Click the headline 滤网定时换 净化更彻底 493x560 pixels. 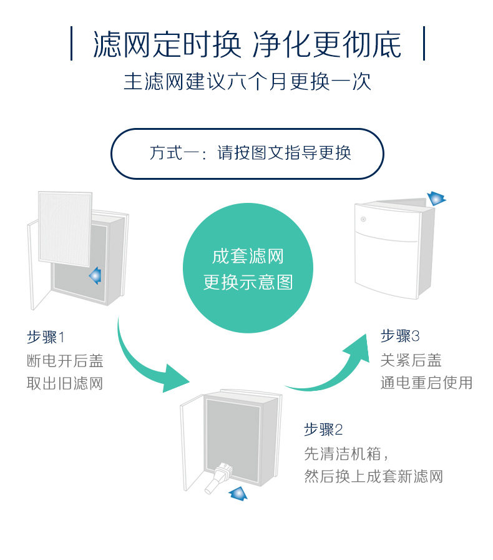247,44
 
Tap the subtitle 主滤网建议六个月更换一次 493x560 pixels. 247,82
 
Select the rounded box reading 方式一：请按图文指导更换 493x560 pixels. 247,154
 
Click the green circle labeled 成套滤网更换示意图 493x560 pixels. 248,269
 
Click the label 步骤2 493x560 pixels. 323,430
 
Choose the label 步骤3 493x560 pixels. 400,336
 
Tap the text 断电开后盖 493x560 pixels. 64,360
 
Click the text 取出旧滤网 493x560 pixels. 64,383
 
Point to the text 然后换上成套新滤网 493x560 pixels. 373,476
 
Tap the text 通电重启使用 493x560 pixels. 426,383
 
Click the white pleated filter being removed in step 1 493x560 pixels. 65,228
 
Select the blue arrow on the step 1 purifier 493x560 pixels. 95,275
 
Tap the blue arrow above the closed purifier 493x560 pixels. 436,199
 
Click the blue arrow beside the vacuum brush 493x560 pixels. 238,494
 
